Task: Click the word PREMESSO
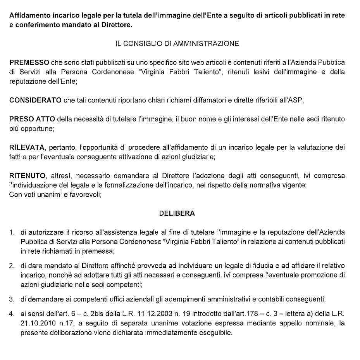click(29, 62)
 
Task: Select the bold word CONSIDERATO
click(35, 100)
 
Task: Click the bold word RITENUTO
click(27, 176)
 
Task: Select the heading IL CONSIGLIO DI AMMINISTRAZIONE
click(177, 44)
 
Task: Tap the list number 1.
click(12, 232)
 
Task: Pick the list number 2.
click(12, 267)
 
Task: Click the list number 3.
click(12, 299)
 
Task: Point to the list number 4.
click(12, 313)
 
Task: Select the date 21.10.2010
click(36, 323)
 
